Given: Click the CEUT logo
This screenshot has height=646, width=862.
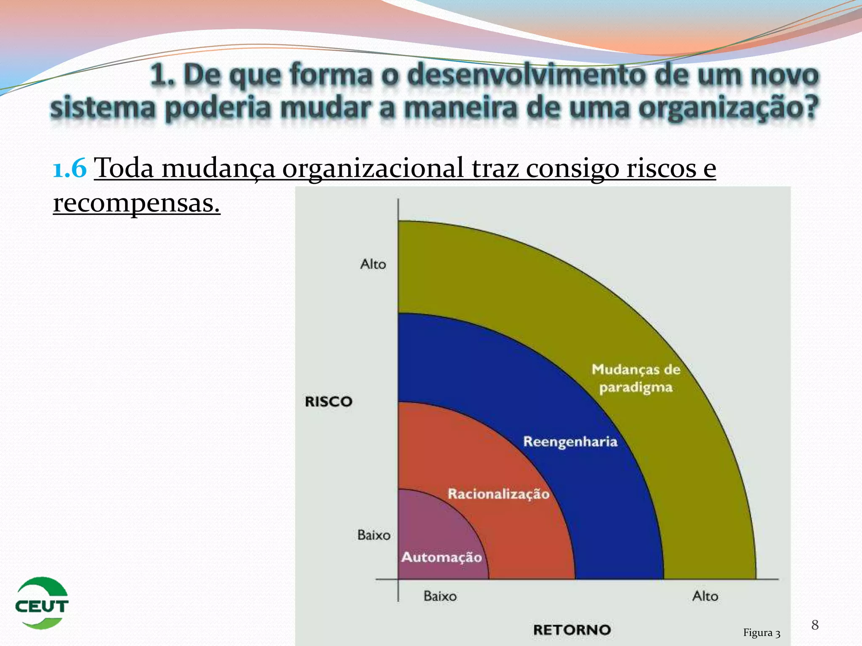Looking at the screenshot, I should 42,603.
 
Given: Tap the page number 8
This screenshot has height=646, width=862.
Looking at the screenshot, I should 815,625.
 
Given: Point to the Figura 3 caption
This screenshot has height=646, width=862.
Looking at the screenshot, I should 761,633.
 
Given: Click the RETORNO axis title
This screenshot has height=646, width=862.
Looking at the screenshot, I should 572,630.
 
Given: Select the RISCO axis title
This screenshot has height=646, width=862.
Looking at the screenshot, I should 328,402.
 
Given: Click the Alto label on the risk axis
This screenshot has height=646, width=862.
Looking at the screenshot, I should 373,264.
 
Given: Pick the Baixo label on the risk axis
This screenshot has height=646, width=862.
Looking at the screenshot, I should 374,535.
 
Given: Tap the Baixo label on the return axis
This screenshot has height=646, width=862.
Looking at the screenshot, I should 440,596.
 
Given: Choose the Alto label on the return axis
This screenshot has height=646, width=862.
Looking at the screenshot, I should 705,596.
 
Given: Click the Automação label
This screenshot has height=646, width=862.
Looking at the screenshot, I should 442,557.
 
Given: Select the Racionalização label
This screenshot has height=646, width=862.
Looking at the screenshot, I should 498,494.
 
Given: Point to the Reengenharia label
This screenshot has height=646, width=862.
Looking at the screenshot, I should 570,442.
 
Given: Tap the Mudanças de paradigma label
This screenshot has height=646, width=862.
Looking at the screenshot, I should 636,378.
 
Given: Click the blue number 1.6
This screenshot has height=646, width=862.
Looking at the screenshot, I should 70,168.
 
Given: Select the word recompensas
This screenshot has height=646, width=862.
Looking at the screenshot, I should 136,203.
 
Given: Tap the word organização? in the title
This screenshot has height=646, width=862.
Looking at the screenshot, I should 728,108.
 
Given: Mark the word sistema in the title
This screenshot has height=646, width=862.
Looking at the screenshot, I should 103,108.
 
